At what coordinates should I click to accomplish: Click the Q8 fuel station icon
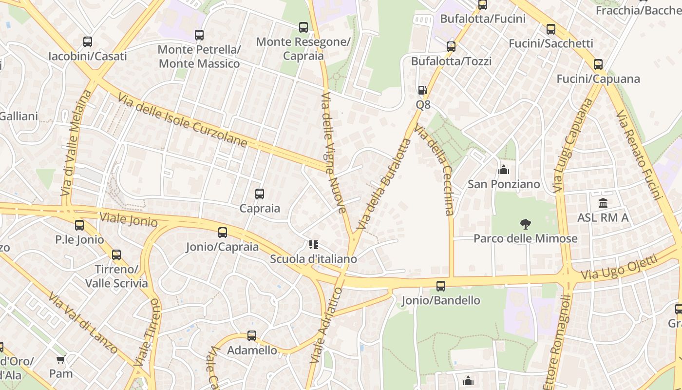422,90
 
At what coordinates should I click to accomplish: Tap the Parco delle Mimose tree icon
525,224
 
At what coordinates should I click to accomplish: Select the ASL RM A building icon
603,203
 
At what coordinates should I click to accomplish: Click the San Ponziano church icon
504,170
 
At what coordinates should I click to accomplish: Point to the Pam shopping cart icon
61,360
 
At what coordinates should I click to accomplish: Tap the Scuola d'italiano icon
314,244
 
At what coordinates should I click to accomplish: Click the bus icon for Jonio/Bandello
441,286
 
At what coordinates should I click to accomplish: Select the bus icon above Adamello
252,335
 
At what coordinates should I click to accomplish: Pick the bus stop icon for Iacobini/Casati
88,42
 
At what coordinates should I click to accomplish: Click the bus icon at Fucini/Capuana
598,64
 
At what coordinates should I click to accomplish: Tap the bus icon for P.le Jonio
79,225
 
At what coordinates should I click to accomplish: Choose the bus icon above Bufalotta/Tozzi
451,47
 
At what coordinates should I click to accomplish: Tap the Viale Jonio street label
129,219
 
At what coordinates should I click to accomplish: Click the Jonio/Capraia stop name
222,247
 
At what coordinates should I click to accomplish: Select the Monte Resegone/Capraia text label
303,49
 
